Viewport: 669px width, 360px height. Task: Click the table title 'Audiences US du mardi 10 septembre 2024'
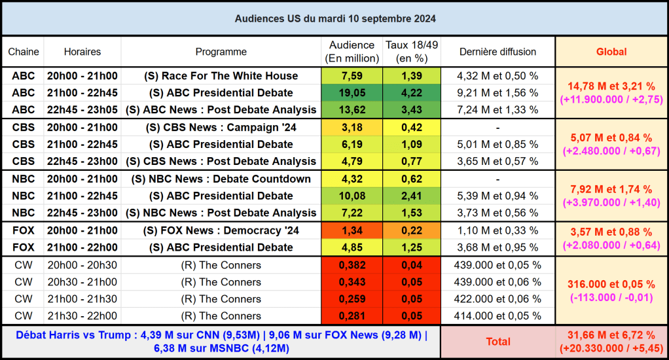(x=334, y=19)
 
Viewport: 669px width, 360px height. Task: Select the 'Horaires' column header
(x=82, y=52)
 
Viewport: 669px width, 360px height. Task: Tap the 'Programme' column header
(x=221, y=52)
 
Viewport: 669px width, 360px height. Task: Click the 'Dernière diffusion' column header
(x=497, y=52)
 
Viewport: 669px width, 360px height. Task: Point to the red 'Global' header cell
(x=611, y=52)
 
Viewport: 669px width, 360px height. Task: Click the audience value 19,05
(x=352, y=93)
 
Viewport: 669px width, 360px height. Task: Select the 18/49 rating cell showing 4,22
(x=412, y=93)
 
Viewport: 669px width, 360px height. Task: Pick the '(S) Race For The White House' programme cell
(x=221, y=76)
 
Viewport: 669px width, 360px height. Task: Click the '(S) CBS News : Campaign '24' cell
(x=221, y=127)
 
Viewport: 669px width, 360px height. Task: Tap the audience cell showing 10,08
(x=352, y=196)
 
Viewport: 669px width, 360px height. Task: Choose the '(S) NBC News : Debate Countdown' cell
(x=221, y=179)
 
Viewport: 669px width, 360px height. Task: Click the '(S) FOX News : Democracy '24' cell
(x=221, y=230)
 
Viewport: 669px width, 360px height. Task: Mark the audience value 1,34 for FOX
(x=352, y=230)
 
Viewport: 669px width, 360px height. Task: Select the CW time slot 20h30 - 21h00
(x=82, y=282)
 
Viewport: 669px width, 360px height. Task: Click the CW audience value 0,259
(x=352, y=299)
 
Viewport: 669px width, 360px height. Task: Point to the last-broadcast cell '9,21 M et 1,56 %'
(x=497, y=93)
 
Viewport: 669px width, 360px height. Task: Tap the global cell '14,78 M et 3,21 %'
(x=611, y=86)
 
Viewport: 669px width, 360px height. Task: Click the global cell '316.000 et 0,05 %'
(x=611, y=284)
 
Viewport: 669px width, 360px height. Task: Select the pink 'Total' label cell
(x=497, y=342)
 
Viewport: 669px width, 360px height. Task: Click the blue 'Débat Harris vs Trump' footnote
(x=221, y=342)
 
